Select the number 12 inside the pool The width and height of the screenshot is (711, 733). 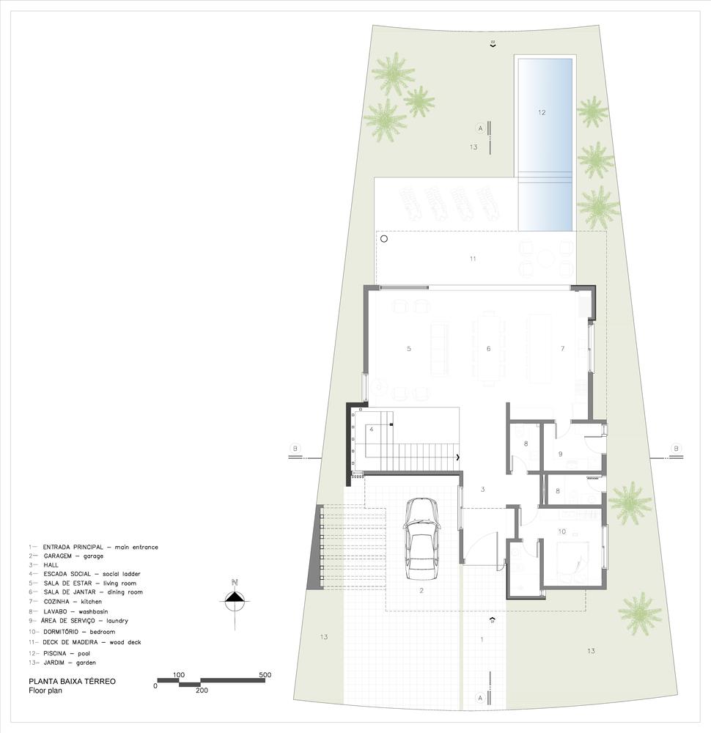point(542,113)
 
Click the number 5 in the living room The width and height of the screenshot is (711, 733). point(409,349)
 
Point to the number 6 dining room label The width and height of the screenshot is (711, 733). point(488,349)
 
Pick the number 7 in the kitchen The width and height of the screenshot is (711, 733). point(562,349)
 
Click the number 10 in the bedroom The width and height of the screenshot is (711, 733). point(562,531)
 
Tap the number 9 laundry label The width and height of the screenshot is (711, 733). point(560,454)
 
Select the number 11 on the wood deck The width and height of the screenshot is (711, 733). point(473,259)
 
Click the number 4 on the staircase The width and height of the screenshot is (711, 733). point(371,429)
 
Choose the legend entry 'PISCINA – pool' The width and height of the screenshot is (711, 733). point(59,654)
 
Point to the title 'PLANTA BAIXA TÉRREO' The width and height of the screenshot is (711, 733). point(72,681)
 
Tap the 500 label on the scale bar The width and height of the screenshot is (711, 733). point(265,674)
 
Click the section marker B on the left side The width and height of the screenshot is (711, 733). point(295,449)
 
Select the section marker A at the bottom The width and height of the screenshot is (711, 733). point(479,698)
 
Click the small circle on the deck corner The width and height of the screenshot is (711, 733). point(384,239)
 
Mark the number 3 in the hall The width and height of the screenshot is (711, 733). point(482,490)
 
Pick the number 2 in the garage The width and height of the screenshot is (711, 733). point(421,591)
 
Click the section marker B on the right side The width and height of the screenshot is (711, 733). point(676,449)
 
